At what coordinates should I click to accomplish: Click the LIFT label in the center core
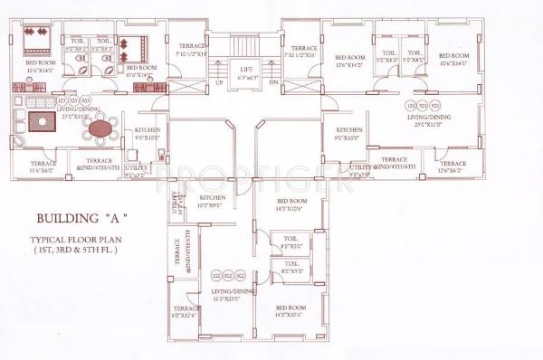tap(245, 68)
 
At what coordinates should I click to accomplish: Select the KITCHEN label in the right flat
tap(348, 130)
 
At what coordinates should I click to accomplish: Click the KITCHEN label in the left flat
tap(148, 130)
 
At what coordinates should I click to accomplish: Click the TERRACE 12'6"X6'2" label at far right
tap(453, 165)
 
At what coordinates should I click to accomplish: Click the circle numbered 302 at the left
tap(215, 275)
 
